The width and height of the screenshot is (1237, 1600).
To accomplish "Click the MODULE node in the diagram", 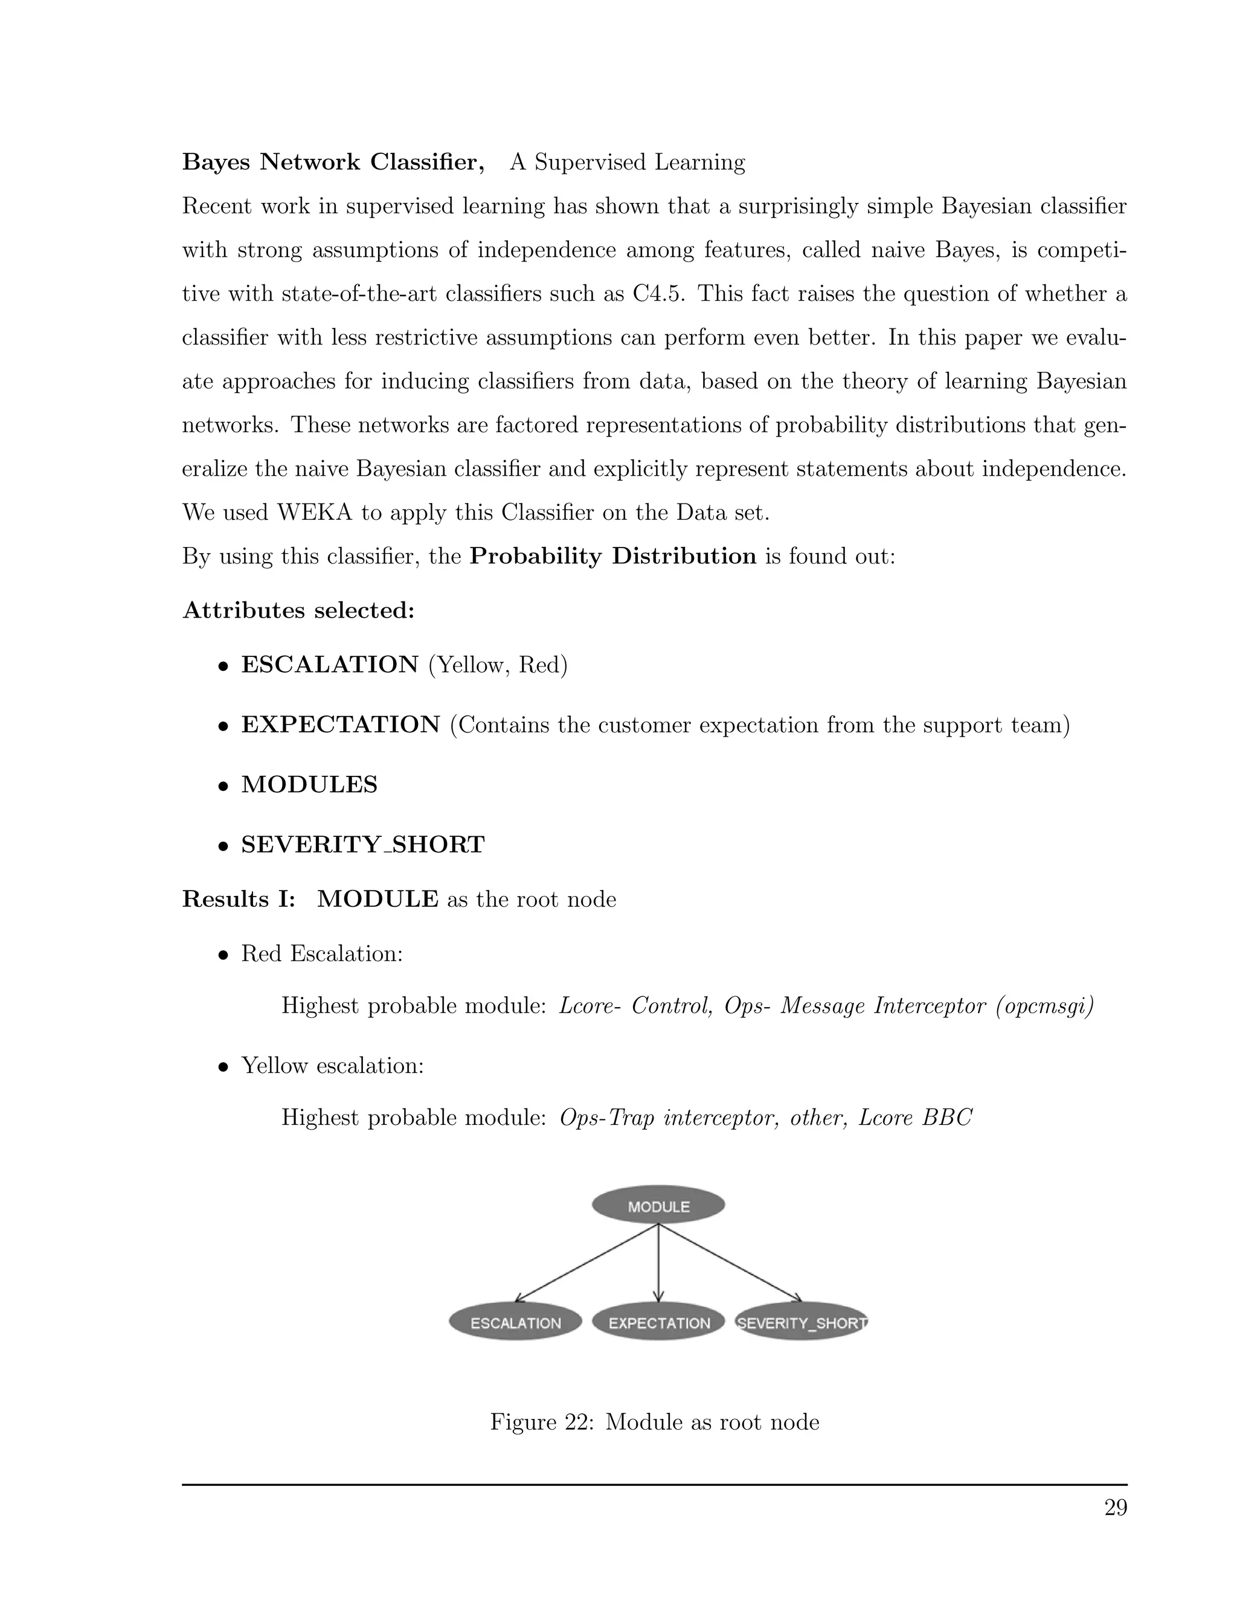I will tap(658, 1206).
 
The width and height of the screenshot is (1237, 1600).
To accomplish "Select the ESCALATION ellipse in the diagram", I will tap(515, 1322).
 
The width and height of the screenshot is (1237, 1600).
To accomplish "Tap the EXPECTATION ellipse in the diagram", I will tap(658, 1322).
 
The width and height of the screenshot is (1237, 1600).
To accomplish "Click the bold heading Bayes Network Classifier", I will tap(333, 162).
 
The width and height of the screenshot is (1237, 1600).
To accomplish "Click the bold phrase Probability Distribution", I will tap(612, 556).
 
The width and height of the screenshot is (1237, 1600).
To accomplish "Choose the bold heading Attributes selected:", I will tap(298, 610).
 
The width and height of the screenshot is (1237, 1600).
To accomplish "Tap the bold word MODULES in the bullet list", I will tap(309, 785).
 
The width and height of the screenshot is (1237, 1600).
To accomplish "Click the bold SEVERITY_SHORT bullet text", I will tap(363, 845).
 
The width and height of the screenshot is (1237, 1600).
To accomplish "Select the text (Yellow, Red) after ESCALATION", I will tap(498, 665).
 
